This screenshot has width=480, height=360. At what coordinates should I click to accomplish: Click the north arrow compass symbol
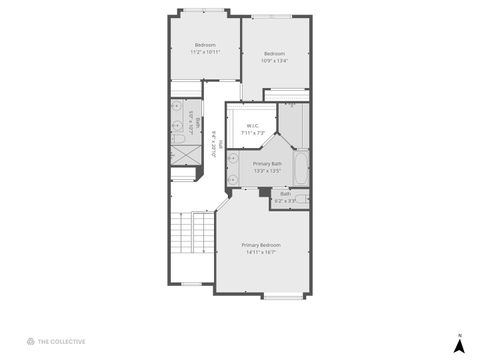tap(458, 344)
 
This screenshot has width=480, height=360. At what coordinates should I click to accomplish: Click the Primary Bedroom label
tap(261, 244)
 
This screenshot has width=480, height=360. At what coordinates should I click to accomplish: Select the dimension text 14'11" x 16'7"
tap(261, 251)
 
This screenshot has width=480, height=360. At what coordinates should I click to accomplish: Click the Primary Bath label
tap(267, 163)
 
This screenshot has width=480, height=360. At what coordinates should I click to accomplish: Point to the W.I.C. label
tap(252, 125)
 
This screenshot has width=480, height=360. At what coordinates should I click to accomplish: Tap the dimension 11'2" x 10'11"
tap(206, 52)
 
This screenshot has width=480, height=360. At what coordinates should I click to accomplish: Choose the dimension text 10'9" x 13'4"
tap(274, 60)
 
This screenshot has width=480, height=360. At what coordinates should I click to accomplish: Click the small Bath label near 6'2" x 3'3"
tap(286, 194)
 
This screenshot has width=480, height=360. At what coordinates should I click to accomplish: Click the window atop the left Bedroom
tap(204, 11)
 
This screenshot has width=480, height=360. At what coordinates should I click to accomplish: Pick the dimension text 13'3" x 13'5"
tap(267, 171)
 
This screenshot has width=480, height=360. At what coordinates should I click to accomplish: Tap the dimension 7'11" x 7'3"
tap(252, 132)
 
